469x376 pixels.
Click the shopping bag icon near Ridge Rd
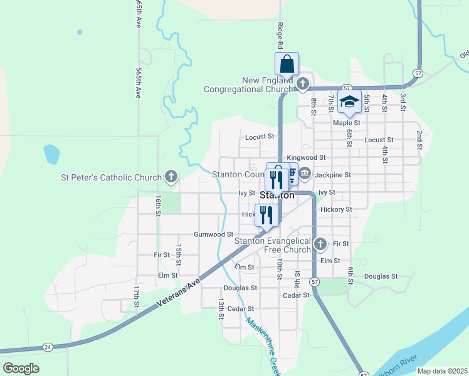click(287, 64)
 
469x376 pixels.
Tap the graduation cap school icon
click(349, 102)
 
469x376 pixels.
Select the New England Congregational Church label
click(248, 85)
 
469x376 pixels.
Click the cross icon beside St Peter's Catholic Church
click(171, 177)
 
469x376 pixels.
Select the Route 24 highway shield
click(48, 347)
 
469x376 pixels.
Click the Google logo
click(21, 368)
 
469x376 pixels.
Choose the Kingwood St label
click(306, 158)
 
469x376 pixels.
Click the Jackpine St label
click(333, 175)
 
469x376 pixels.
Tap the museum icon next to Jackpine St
click(305, 174)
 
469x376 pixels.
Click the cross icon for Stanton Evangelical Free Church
click(320, 243)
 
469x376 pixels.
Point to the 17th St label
click(136, 296)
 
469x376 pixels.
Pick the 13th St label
click(221, 308)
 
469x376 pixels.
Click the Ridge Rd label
click(280, 36)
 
